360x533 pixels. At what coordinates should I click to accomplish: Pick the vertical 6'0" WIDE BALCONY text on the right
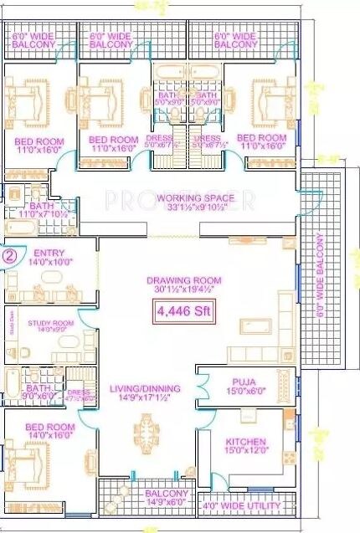pos(319,271)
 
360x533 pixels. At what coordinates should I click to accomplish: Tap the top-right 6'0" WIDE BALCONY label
pos(236,41)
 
